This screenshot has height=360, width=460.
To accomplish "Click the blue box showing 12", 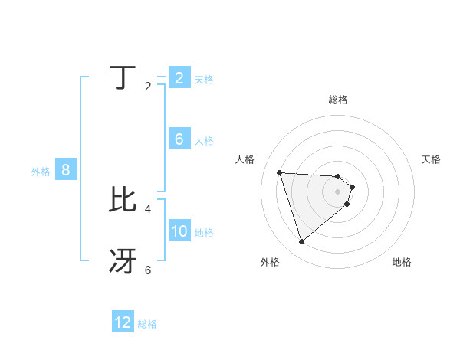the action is [x=123, y=322].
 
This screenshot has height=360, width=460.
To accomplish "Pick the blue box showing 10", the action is [x=179, y=231].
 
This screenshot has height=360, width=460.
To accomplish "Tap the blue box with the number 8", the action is [x=66, y=170].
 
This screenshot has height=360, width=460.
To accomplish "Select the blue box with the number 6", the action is [x=179, y=139].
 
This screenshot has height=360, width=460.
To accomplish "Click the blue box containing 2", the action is [x=179, y=77].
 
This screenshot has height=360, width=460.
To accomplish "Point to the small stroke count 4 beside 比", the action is [x=148, y=208].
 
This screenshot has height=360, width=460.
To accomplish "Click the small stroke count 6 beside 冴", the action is [x=148, y=270].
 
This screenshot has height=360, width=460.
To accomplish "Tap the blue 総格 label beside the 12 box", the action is [x=147, y=324].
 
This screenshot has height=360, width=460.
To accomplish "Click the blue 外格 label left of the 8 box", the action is [x=41, y=172].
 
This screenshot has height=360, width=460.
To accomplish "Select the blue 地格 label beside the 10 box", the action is [x=204, y=233].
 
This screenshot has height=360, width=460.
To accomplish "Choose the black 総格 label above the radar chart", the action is [x=338, y=100].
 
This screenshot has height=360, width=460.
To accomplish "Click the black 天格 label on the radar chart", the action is [x=432, y=159].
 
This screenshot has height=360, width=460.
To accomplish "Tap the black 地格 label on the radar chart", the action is [x=402, y=262].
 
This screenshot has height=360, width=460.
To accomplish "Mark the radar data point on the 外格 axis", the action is [x=302, y=242].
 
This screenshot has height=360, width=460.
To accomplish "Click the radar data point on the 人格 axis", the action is [x=280, y=172].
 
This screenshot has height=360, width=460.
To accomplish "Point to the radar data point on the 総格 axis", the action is [x=338, y=176].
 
